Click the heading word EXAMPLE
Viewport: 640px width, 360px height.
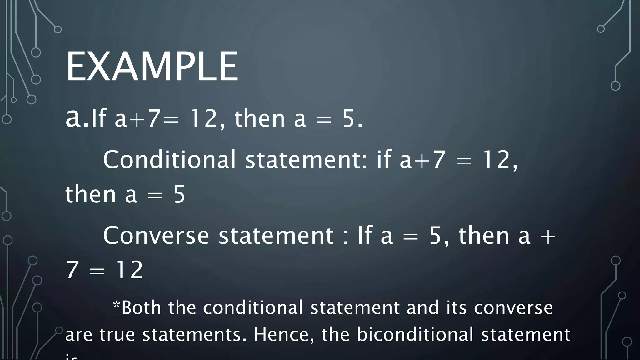pos(152,67)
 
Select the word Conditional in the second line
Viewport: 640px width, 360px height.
pos(169,159)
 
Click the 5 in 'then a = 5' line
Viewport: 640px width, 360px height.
pos(179,194)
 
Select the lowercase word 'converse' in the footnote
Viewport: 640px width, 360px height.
pos(513,307)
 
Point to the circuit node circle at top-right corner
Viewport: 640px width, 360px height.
pos(601,29)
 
